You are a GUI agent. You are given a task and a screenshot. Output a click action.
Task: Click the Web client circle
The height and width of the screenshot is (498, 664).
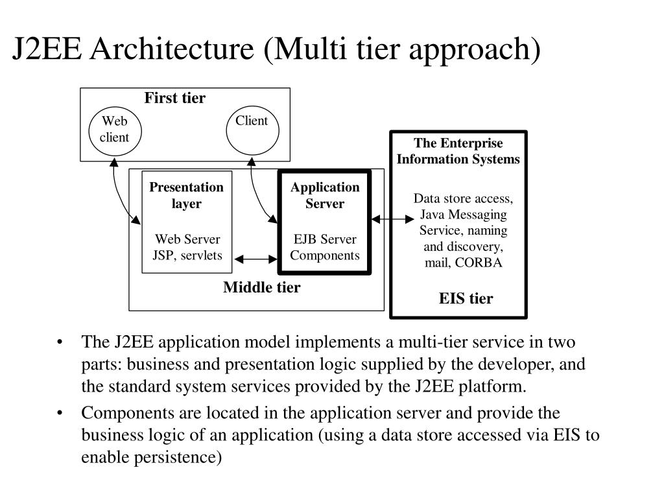point(114,130)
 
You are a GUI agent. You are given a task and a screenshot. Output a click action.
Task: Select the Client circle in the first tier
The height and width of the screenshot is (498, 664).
point(252,130)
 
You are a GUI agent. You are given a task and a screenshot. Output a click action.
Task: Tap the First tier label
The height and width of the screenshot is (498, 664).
point(174,99)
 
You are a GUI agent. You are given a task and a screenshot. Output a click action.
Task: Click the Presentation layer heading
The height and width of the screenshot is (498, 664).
point(187,195)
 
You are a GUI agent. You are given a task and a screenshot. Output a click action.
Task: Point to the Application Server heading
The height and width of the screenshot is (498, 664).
point(324,195)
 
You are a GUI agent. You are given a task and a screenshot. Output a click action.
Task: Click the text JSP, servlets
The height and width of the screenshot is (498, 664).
point(187,255)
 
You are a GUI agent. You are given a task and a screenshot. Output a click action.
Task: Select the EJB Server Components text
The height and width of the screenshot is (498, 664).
point(324,247)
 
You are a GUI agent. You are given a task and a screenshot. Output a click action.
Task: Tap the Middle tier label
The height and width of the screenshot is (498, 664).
point(261,287)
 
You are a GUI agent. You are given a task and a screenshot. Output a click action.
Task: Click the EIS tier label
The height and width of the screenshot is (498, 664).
point(466,298)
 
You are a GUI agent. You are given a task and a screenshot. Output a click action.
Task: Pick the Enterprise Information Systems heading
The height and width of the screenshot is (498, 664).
point(458,151)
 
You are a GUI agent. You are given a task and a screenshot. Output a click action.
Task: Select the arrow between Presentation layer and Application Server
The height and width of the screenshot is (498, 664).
point(255,259)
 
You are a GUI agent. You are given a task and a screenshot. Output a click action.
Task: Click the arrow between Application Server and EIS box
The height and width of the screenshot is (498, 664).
point(392,219)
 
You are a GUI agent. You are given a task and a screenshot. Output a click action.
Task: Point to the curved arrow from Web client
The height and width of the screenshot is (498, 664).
point(119,195)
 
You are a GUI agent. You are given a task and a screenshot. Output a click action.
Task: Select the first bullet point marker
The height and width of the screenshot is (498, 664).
point(60,342)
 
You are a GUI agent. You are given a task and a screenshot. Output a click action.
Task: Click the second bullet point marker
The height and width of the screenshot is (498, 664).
point(60,414)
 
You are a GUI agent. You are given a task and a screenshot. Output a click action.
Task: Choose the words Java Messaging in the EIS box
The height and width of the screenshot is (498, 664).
point(464,215)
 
